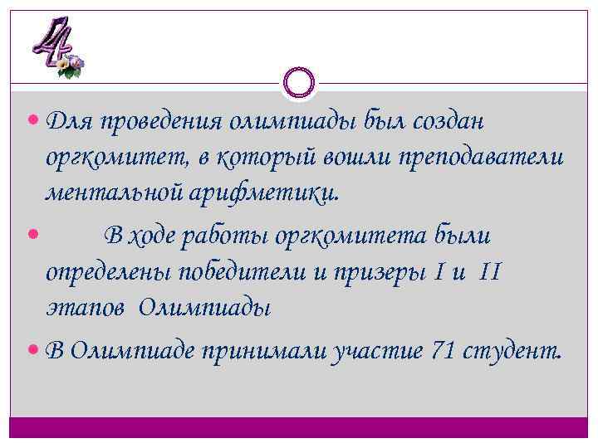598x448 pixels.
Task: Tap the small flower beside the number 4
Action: pyautogui.click(x=73, y=64)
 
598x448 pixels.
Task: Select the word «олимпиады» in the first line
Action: pyautogui.click(x=300, y=122)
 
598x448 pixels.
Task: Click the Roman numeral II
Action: pyautogui.click(x=490, y=272)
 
